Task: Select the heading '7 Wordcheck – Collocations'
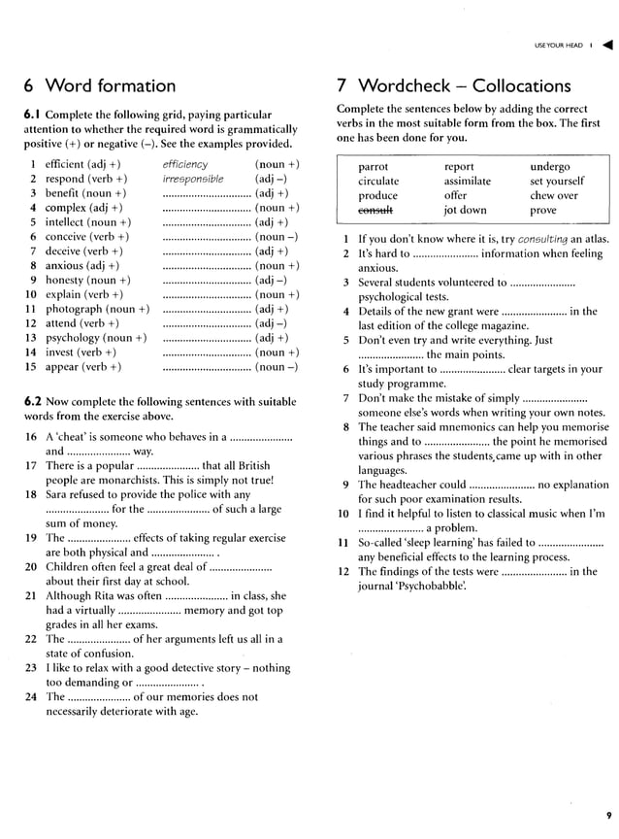[x=453, y=85]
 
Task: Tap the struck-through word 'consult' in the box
[x=377, y=210]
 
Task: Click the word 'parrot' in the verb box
[x=374, y=167]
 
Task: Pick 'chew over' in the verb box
[x=553, y=195]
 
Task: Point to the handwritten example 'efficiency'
[x=185, y=164]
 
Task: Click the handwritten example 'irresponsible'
[x=193, y=179]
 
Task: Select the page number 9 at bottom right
[x=607, y=815]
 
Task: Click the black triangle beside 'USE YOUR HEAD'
[x=607, y=45]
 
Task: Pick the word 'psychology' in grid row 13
[x=74, y=338]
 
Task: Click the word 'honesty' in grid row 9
[x=67, y=280]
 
